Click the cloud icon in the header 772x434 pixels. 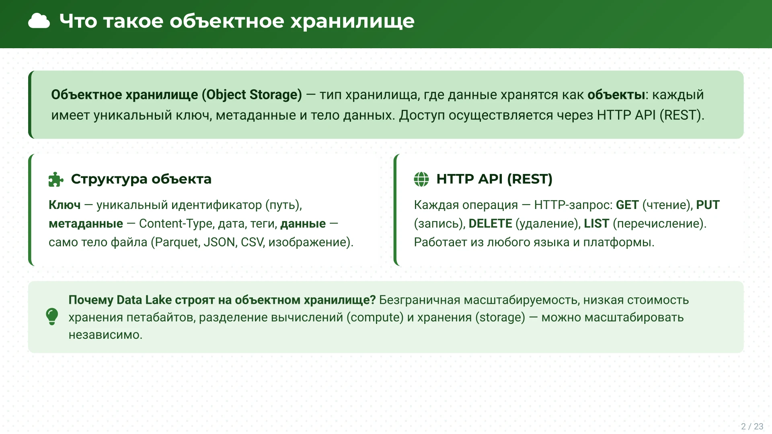pos(39,21)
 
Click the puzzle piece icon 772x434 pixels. pos(55,179)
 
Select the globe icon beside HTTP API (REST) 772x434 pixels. pos(421,179)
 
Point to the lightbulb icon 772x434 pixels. pos(52,317)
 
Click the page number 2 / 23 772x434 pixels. pos(752,426)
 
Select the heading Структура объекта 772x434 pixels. pos(141,179)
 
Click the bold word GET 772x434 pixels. pos(627,205)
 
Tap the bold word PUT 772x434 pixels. pos(708,205)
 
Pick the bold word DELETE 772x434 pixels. pos(490,223)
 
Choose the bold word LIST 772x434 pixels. pos(596,223)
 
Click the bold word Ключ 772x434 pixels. pos(65,205)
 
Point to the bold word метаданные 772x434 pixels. pos(86,223)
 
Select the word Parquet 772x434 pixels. pos(177,242)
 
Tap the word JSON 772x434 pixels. pos(220,242)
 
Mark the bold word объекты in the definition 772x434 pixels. pos(616,95)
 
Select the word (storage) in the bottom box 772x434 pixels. pos(500,317)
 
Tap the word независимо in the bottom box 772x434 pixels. pos(105,335)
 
